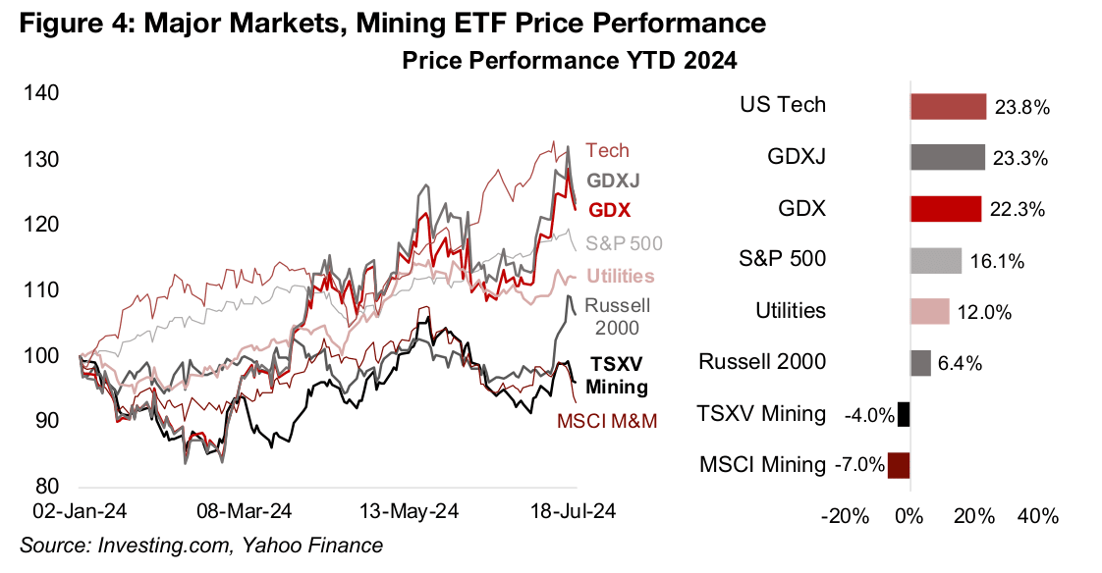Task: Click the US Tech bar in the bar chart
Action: (948, 106)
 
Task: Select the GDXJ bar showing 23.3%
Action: (948, 157)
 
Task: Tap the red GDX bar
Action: (946, 209)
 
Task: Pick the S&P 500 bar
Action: (936, 260)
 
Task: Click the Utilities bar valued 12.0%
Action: (929, 311)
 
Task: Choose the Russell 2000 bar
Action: (920, 363)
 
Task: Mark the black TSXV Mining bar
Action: (904, 414)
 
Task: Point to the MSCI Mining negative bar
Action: (899, 465)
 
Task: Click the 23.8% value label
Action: (1021, 107)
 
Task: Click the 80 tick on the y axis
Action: (50, 487)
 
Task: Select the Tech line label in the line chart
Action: (607, 150)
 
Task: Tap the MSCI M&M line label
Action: (606, 421)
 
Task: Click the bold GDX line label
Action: (609, 210)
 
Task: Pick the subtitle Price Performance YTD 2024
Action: (570, 61)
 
